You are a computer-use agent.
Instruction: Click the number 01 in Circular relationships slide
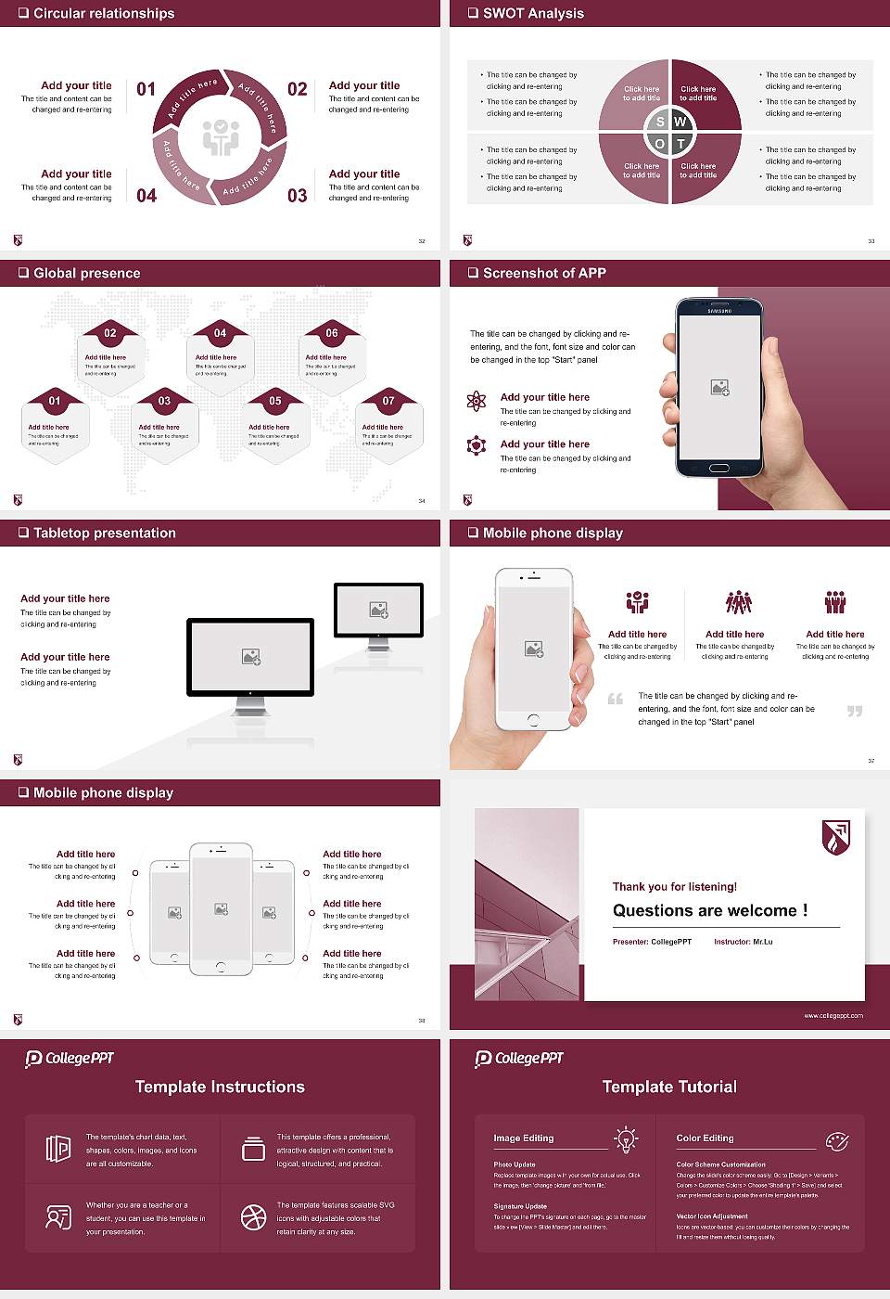(146, 89)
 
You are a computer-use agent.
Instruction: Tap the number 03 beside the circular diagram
(297, 196)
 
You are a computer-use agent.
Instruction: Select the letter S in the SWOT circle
(660, 122)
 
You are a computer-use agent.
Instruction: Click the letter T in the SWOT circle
(680, 144)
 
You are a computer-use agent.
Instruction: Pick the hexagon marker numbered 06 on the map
(332, 333)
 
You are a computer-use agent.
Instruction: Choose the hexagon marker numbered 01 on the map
(55, 401)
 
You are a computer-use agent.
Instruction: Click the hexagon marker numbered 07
(388, 401)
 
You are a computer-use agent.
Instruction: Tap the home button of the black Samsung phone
(719, 469)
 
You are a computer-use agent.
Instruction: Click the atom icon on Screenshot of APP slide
(477, 401)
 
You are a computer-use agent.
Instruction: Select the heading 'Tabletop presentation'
(104, 534)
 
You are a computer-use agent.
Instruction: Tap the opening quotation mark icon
(616, 699)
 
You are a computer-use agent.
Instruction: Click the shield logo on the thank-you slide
(836, 837)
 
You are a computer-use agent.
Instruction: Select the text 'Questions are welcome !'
(710, 911)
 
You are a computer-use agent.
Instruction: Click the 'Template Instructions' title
(220, 1087)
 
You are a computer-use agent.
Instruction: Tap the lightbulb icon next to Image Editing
(626, 1138)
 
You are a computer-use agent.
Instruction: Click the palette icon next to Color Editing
(836, 1140)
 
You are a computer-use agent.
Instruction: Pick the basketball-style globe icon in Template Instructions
(253, 1217)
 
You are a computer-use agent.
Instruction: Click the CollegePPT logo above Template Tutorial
(519, 1059)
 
